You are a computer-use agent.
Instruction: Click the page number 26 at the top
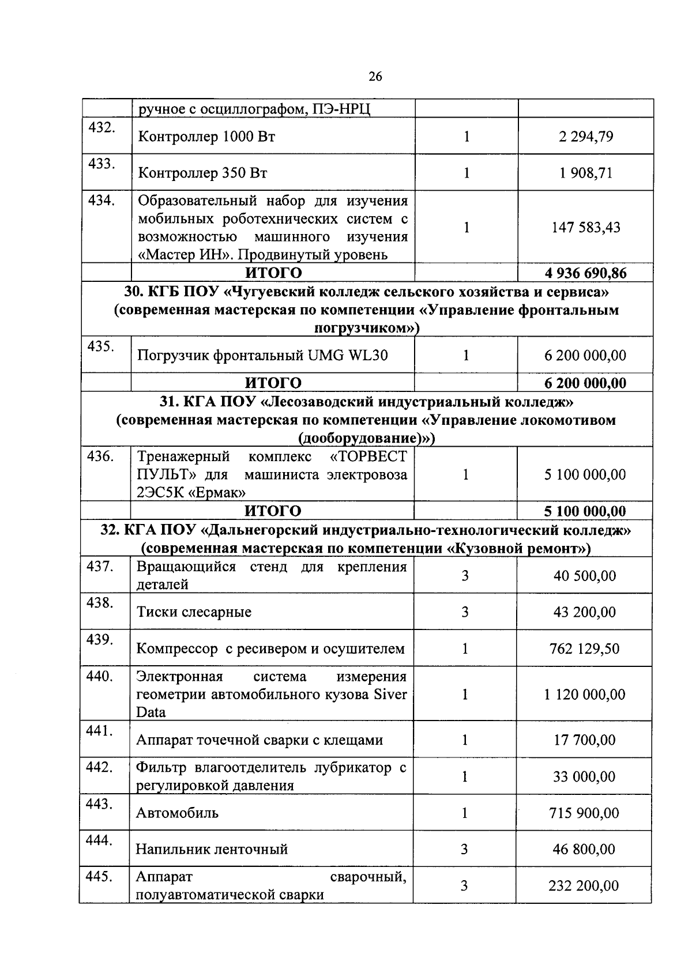[x=375, y=77]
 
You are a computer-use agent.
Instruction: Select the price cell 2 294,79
[x=586, y=137]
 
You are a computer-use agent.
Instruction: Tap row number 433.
[x=101, y=164]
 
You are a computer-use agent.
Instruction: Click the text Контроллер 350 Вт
[x=202, y=173]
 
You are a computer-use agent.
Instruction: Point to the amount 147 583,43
[x=586, y=227]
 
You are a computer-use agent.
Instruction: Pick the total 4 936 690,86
[x=585, y=273]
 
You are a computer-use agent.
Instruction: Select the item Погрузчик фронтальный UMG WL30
[x=262, y=355]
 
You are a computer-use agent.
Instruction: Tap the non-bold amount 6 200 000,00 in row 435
[x=585, y=355]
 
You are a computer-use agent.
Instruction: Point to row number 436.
[x=100, y=457]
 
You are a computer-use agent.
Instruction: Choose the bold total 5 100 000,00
[x=585, y=511]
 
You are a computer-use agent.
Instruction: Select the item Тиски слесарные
[x=194, y=612]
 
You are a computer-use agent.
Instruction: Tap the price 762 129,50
[x=585, y=648]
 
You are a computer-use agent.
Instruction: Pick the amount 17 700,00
[x=585, y=740]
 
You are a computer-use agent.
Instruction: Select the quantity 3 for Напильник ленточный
[x=465, y=849]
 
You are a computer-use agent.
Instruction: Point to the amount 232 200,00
[x=584, y=885]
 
